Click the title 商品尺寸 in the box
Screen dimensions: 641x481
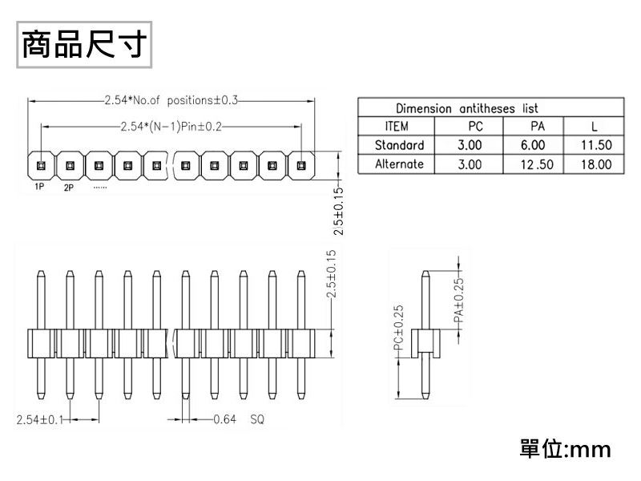coord(84,44)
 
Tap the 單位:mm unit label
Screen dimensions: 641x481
coord(566,449)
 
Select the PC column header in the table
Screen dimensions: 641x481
coord(475,126)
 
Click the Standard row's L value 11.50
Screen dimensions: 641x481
coord(596,145)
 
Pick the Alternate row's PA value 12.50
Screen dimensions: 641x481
coord(537,164)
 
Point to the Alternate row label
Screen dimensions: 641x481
coord(399,164)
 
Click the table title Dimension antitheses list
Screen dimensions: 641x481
coord(467,108)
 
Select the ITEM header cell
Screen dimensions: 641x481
coord(397,126)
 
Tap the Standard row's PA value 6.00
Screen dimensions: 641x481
coord(533,145)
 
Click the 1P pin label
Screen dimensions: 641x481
coord(39,187)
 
